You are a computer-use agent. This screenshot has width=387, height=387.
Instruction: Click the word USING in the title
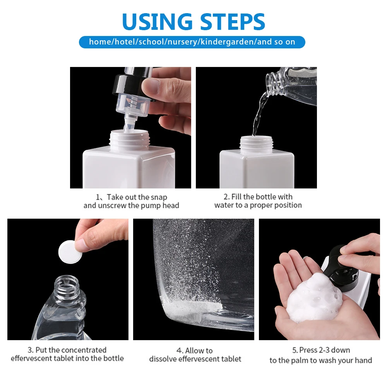tap(157, 21)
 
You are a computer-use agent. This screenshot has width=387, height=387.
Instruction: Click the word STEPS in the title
tap(233, 21)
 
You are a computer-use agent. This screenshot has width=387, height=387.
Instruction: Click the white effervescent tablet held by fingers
tap(70, 252)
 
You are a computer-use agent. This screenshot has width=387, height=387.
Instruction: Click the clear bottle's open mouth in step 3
tap(67, 281)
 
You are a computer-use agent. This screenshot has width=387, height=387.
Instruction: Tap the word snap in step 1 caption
tap(159, 197)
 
